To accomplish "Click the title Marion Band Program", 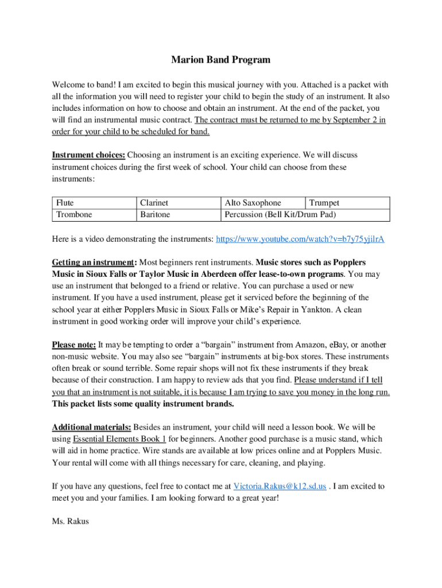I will click(221, 60).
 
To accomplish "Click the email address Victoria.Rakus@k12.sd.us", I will click(280, 486).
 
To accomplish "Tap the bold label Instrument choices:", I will click(88, 155).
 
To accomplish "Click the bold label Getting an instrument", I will click(94, 262).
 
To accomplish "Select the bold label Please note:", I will click(74, 345).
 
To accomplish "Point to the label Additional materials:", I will click(92, 427).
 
